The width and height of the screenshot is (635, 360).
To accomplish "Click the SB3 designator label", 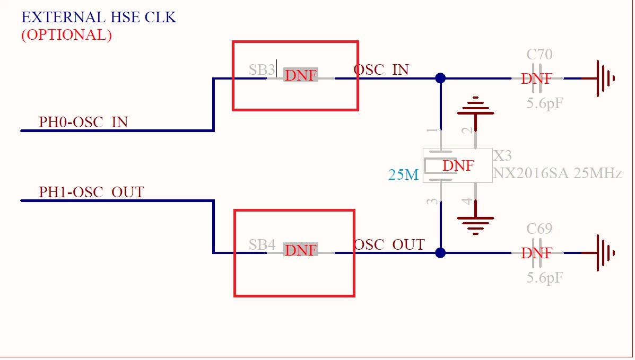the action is tap(262, 69).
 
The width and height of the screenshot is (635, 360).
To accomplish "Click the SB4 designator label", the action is tap(262, 244).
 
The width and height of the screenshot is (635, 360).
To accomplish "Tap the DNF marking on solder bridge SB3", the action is tap(300, 75).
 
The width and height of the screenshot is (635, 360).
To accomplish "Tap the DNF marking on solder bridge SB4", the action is tap(300, 250).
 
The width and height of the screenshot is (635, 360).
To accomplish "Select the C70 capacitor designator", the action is tap(540, 54).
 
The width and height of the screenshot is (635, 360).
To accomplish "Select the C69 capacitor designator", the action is tap(540, 229).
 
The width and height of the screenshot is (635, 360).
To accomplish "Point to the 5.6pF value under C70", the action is tap(545, 104).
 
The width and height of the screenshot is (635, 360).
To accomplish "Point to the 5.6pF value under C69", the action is tap(545, 278).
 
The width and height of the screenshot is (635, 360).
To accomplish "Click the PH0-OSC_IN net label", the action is tap(83, 122).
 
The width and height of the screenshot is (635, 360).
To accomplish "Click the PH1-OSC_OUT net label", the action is tap(92, 192).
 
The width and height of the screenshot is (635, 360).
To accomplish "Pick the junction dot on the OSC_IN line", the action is tap(441, 78).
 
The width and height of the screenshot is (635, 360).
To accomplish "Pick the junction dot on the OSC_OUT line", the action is tap(441, 253).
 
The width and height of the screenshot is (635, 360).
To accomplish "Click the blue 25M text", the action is tap(403, 174).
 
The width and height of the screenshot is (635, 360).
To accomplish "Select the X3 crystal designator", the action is tap(502, 155).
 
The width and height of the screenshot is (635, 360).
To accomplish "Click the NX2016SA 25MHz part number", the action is tap(557, 173).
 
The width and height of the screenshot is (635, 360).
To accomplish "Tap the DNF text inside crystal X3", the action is tap(458, 165).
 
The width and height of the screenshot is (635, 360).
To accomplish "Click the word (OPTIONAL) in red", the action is tap(66, 35).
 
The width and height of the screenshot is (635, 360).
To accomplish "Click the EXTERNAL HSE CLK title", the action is tap(99, 17).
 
